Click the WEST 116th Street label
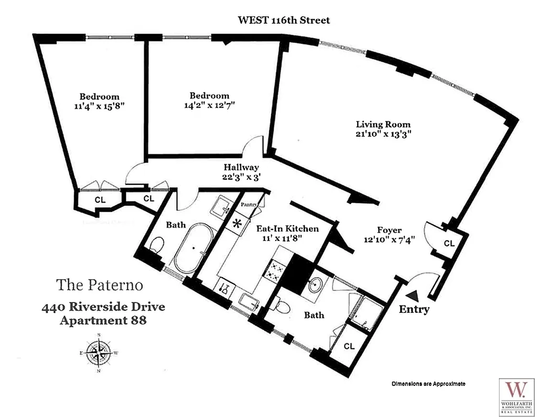[x=284, y=20]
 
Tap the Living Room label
[x=383, y=124]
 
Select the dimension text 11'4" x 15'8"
[x=99, y=106]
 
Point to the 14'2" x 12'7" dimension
[x=209, y=104]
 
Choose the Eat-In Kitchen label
[x=287, y=229]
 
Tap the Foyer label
[x=389, y=230]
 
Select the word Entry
[x=414, y=309]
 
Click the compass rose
[x=98, y=352]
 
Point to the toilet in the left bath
[x=156, y=245]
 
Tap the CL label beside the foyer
[x=449, y=244]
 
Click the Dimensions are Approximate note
[x=428, y=384]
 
